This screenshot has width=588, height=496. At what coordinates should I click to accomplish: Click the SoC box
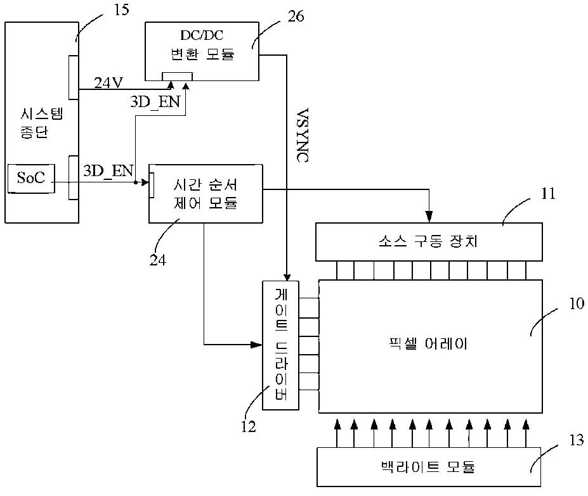pyautogui.click(x=31, y=179)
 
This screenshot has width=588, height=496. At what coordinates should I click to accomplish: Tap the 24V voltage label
pyautogui.click(x=108, y=83)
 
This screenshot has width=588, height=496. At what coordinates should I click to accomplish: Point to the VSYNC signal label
pyautogui.click(x=303, y=135)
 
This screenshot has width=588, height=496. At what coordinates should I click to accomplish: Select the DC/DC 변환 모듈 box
pyautogui.click(x=202, y=51)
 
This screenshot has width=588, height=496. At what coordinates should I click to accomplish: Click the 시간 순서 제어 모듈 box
pyautogui.click(x=206, y=194)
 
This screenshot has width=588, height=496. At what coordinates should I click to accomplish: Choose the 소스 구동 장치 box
pyautogui.click(x=429, y=242)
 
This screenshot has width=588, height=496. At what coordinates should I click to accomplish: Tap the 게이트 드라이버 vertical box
pyautogui.click(x=280, y=345)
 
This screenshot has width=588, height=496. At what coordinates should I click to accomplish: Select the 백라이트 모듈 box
pyautogui.click(x=429, y=467)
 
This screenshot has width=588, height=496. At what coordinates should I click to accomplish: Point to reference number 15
pyautogui.click(x=121, y=10)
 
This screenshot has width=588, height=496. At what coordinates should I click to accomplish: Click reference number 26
pyautogui.click(x=296, y=16)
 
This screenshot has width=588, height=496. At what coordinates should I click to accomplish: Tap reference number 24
pyautogui.click(x=157, y=260)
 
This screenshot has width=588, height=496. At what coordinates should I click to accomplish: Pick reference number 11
pyautogui.click(x=548, y=194)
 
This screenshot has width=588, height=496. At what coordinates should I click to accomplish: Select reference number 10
pyautogui.click(x=577, y=303)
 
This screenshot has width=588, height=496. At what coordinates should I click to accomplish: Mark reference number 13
pyautogui.click(x=577, y=440)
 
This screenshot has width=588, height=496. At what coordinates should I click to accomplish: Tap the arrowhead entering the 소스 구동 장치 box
pyautogui.click(x=429, y=217)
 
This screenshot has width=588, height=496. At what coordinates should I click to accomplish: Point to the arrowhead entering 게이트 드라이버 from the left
pyautogui.click(x=256, y=345)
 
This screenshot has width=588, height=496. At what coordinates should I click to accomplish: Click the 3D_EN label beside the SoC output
pyautogui.click(x=108, y=172)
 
